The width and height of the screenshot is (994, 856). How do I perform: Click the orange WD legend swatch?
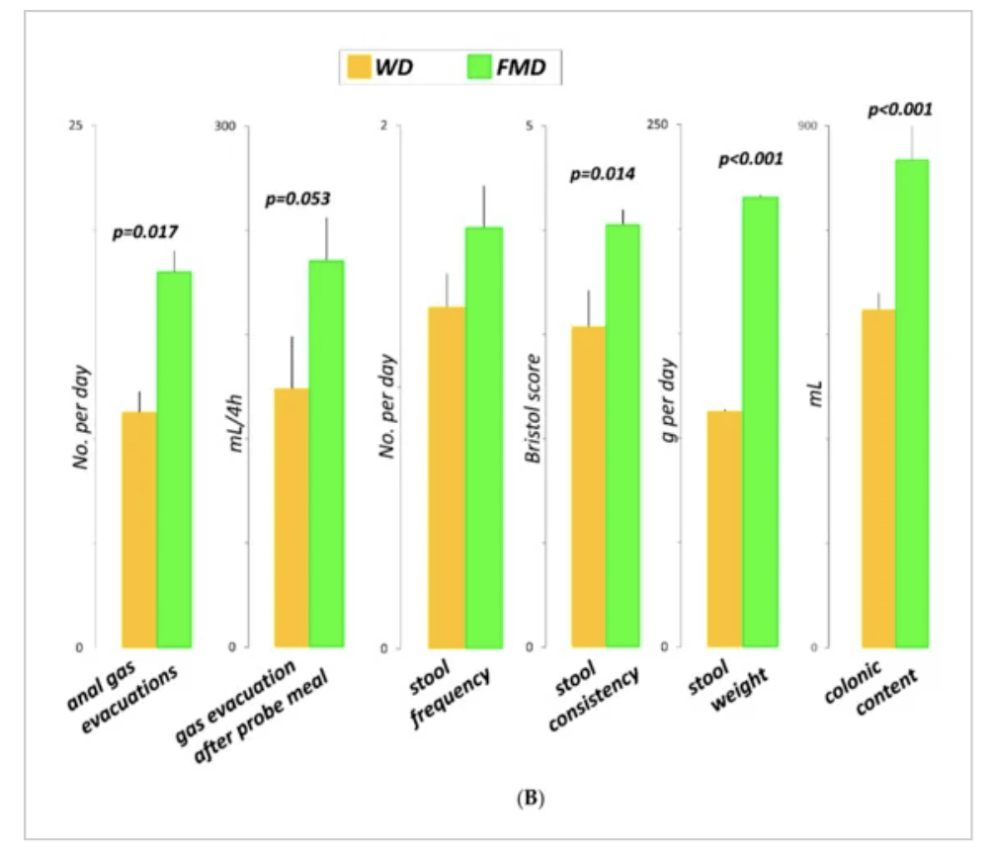[359, 66]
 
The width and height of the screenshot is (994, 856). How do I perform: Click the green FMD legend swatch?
[479, 66]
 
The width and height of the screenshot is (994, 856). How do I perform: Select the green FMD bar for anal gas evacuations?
[174, 459]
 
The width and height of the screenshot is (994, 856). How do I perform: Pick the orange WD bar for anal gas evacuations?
[139, 530]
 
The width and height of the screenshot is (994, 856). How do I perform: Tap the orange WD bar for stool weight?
[724, 529]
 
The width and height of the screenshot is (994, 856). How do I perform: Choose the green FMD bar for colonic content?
[912, 403]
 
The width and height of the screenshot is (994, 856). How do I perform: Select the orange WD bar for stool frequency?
[447, 476]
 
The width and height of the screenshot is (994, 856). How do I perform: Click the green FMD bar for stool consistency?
[622, 436]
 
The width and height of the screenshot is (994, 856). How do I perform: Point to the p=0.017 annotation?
[145, 232]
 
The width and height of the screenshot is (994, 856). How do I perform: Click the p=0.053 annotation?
[298, 199]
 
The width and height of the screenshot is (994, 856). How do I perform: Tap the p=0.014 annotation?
[603, 174]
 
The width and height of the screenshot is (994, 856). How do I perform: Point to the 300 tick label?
[225, 126]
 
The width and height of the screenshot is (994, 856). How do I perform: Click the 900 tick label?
[807, 126]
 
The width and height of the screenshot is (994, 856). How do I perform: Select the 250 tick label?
[657, 125]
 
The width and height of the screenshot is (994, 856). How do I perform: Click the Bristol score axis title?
[534, 408]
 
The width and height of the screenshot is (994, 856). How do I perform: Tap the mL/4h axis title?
[235, 423]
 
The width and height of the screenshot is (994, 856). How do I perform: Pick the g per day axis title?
[668, 400]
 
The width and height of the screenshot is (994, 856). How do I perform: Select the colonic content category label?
[871, 688]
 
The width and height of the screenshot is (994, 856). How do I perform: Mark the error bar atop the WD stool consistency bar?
[588, 308]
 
